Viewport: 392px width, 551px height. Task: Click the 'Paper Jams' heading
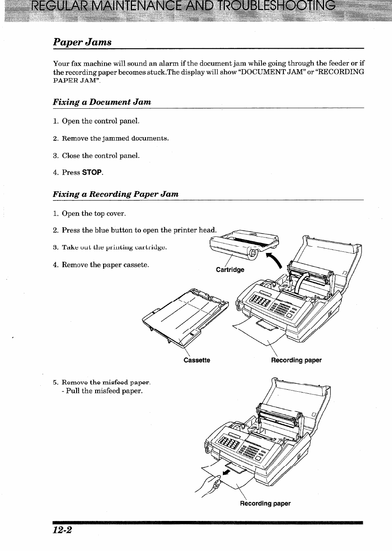tap(82, 42)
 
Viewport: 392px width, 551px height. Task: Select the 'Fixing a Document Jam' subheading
tap(102, 102)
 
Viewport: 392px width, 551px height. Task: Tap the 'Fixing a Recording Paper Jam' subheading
tap(115, 194)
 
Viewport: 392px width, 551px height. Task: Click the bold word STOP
tap(92, 172)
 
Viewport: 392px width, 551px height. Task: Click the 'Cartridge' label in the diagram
tap(230, 270)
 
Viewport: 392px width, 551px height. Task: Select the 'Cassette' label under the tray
tap(197, 360)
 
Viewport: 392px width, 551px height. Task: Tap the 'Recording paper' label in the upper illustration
tap(296, 360)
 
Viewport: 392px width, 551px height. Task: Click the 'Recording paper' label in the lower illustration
tap(265, 504)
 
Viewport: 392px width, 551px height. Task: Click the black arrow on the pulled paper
tap(226, 472)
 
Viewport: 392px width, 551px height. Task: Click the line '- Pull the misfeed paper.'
tap(102, 391)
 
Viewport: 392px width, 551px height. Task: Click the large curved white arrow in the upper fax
tap(303, 281)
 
